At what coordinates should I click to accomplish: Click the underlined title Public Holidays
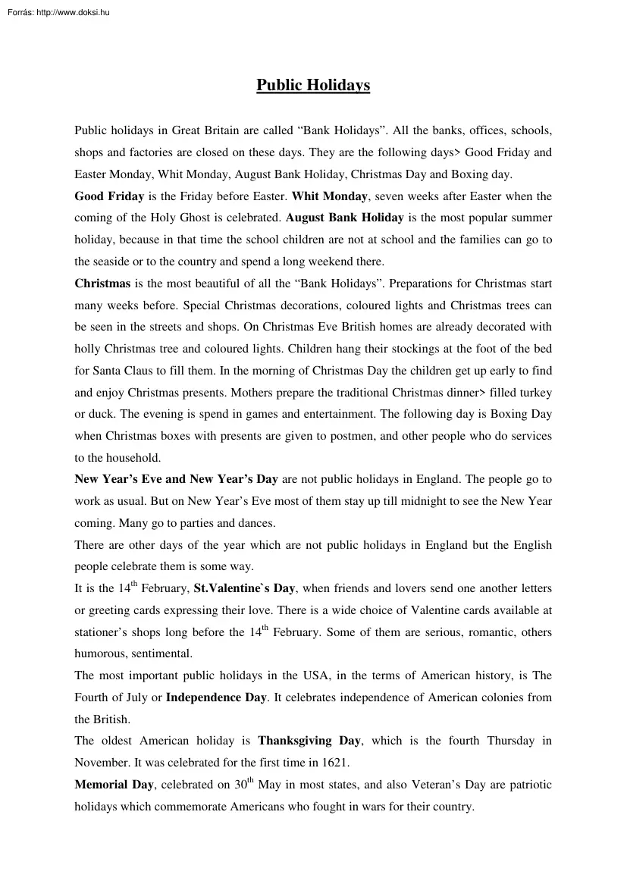[313, 85]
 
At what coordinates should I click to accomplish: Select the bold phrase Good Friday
[109, 196]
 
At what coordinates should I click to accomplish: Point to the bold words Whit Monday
[330, 196]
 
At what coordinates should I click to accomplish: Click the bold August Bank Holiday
[345, 218]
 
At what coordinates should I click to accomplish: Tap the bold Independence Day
[216, 697]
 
